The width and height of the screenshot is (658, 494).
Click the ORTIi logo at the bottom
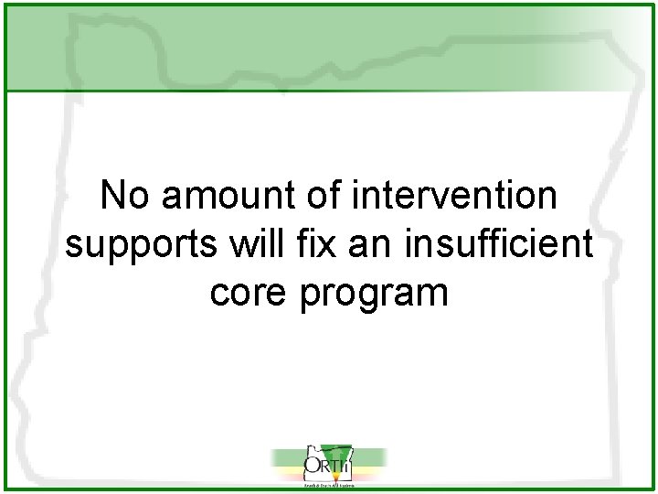[x=328, y=467]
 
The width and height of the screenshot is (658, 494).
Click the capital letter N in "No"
[x=111, y=195]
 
